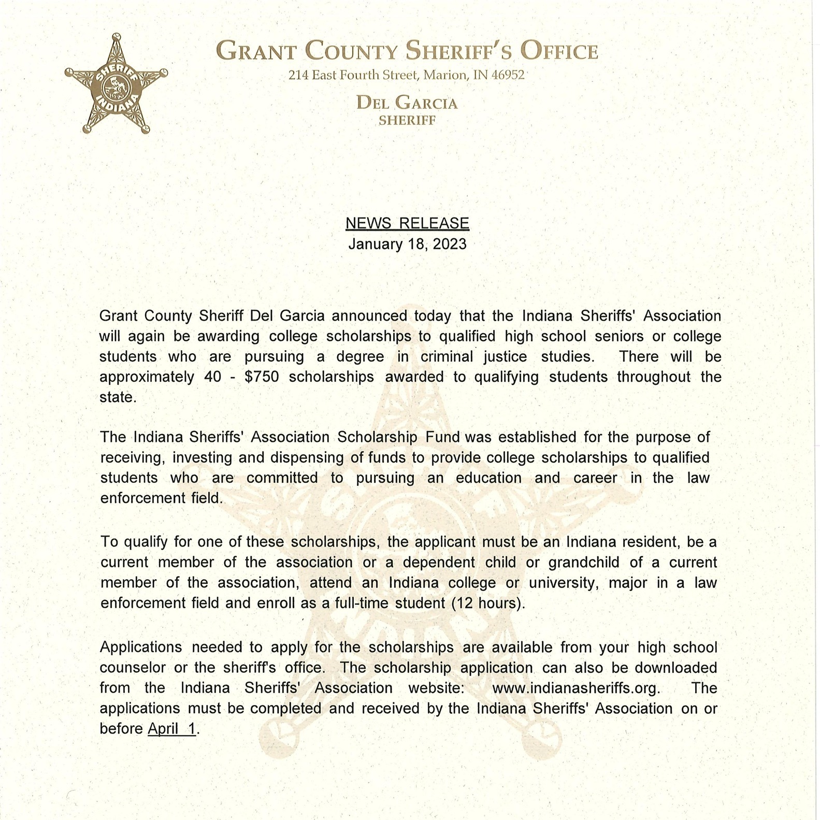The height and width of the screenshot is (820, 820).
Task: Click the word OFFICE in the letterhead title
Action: [559, 52]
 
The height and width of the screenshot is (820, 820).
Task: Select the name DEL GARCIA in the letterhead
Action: [407, 103]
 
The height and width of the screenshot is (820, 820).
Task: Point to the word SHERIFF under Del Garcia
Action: [407, 120]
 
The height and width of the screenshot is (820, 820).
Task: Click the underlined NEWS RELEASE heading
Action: [407, 223]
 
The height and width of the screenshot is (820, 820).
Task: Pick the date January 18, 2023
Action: [407, 244]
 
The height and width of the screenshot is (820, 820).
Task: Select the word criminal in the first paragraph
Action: [447, 356]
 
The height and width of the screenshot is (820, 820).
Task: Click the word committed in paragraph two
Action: [282, 478]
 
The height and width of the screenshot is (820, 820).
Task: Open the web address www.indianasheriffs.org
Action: [576, 688]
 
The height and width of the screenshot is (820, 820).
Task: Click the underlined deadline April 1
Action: [172, 729]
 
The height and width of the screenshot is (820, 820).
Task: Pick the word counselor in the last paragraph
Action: [133, 668]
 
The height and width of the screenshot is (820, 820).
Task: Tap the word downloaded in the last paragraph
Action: [676, 668]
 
